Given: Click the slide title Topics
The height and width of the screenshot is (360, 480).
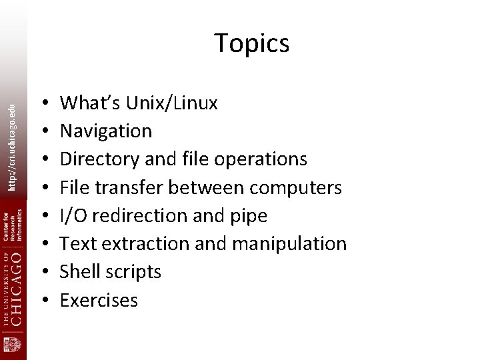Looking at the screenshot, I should point(251,44).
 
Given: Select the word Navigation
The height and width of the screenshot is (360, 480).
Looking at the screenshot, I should point(106,131).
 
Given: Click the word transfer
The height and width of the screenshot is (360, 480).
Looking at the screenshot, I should point(131,187).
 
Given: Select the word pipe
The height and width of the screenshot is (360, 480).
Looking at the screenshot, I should point(249,216).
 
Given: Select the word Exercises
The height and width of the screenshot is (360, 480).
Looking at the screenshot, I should point(99,301).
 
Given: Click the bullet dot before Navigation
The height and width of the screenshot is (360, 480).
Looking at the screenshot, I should point(43,131).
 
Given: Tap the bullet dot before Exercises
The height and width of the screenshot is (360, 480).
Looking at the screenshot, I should point(43,301).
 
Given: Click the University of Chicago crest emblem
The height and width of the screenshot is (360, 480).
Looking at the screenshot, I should point(13,345).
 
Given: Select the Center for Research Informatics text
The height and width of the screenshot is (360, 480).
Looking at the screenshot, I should point(13,226).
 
